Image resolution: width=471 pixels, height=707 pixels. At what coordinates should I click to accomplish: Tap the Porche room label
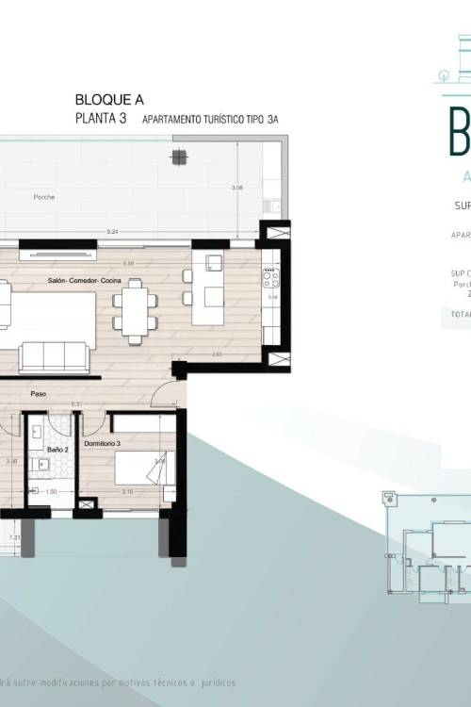43,197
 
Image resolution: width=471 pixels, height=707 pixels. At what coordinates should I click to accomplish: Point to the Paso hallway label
39,394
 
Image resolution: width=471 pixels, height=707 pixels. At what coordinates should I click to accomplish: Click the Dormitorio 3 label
103,443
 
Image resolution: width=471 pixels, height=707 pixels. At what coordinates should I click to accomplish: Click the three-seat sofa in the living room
54,356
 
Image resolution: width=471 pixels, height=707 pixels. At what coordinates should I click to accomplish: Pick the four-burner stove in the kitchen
271,277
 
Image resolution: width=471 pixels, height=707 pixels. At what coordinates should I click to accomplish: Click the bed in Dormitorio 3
143,468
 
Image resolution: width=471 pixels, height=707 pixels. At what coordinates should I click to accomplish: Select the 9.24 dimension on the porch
113,231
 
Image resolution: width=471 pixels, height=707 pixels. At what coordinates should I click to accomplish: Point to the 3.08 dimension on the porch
237,189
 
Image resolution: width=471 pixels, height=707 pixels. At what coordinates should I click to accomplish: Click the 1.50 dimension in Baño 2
53,491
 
